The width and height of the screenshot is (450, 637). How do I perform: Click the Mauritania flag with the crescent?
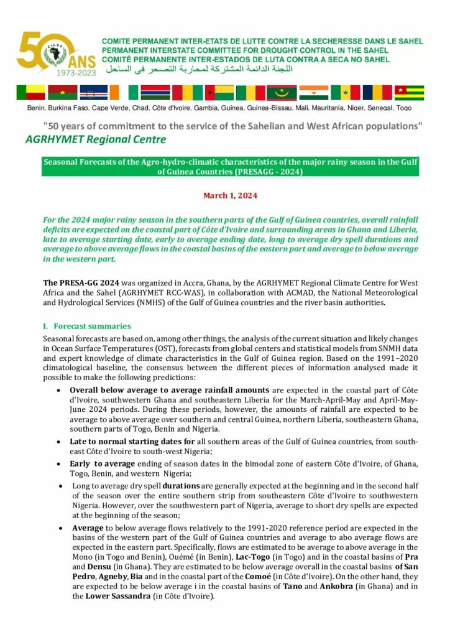(x=282, y=93)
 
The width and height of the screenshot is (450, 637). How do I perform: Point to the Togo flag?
(x=409, y=93)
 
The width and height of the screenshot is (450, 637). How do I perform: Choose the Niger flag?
(x=313, y=93)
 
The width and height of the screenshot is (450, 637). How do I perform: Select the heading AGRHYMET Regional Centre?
(x=96, y=139)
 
